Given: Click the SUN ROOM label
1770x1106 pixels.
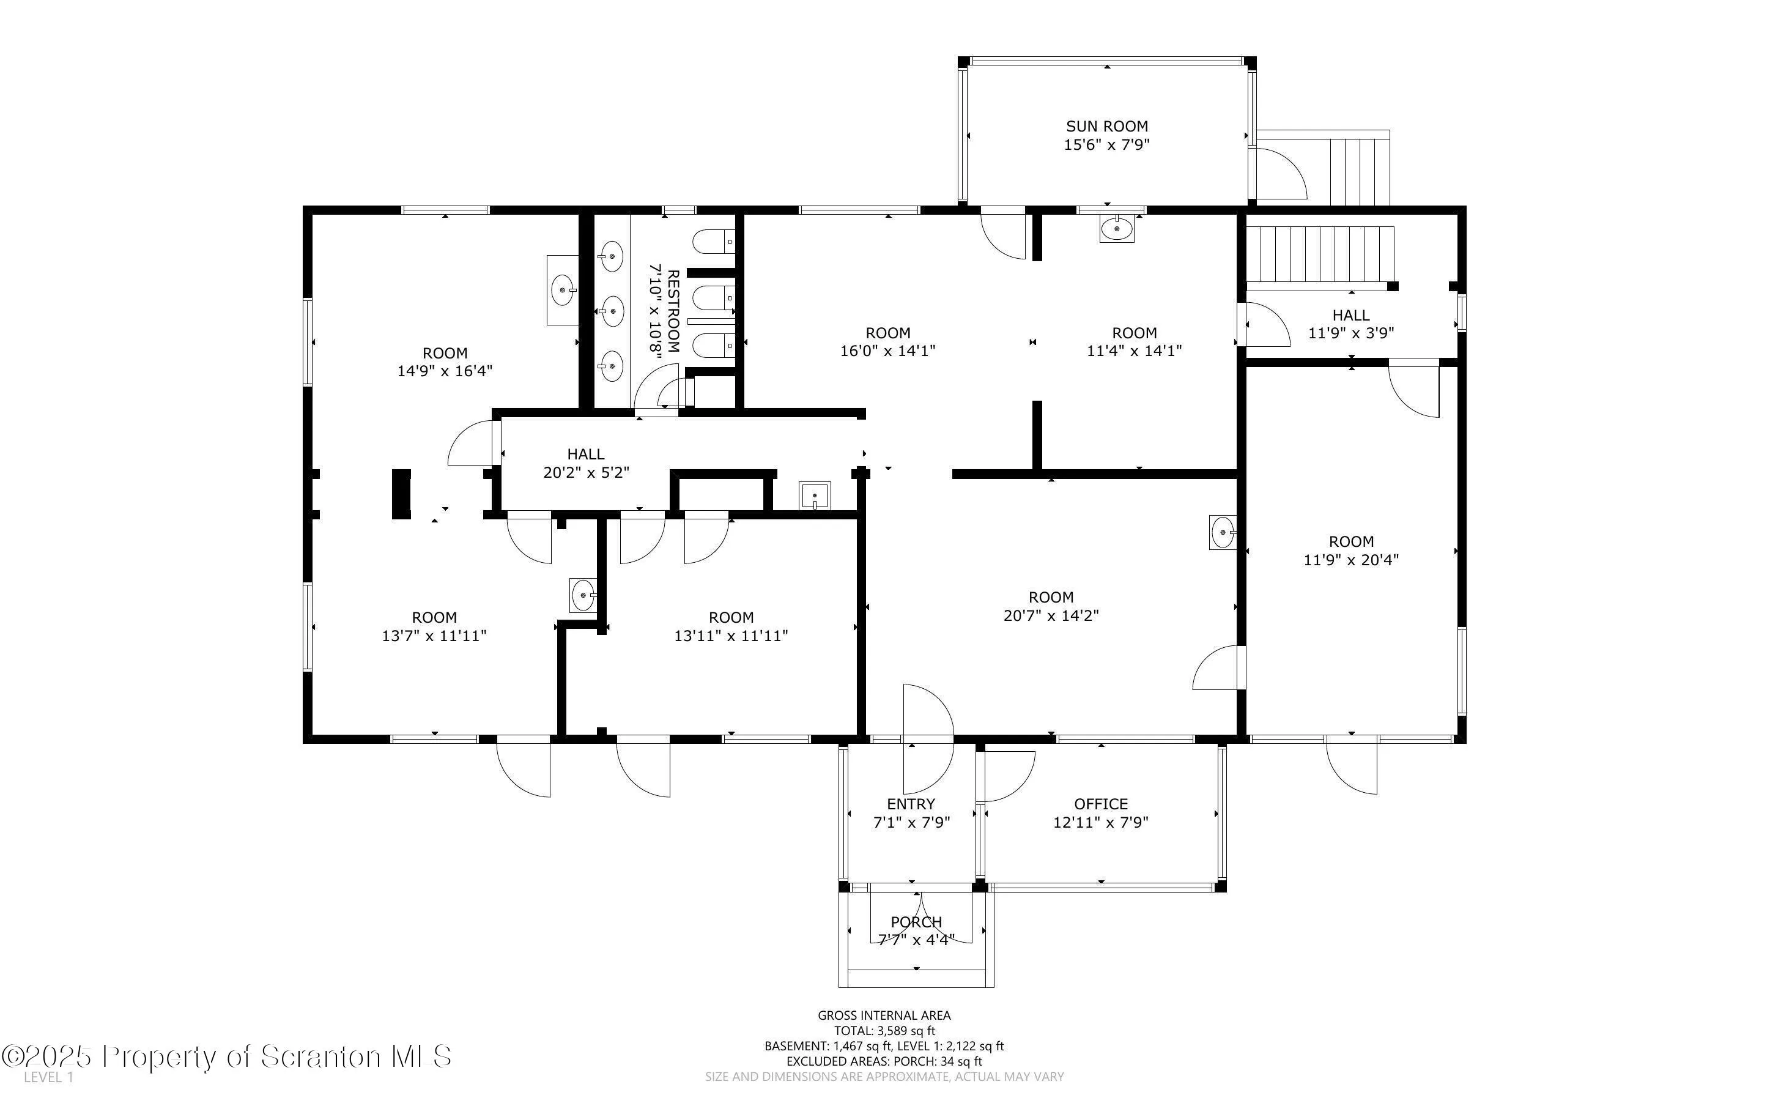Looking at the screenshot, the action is (x=1107, y=127).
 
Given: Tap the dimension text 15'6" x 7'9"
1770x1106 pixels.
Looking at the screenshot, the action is (x=1107, y=145).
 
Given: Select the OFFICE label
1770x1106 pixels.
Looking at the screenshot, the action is (x=1101, y=804).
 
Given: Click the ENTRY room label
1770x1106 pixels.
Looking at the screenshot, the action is (x=911, y=804).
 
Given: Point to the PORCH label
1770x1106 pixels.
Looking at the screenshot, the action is (x=917, y=922).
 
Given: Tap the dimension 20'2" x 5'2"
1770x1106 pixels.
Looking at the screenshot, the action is (x=587, y=472).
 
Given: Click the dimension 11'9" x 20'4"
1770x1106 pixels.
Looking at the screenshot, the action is (x=1351, y=560).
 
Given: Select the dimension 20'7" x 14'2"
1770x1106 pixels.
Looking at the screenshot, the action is (x=1051, y=616).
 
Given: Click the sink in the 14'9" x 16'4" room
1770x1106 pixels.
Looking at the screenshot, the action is (x=563, y=290).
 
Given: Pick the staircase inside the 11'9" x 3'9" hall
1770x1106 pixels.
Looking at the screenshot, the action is (x=1320, y=254).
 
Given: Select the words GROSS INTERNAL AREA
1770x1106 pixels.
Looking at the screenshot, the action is (x=884, y=1015).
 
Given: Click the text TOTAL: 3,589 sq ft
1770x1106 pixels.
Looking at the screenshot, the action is (x=884, y=1031).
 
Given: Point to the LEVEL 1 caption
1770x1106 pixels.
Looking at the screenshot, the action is (x=48, y=1077).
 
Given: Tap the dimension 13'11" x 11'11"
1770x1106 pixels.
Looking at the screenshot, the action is (x=731, y=636).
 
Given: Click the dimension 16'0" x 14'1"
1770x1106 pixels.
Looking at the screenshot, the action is (x=887, y=351).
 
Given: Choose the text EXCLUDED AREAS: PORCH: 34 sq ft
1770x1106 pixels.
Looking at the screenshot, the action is (x=884, y=1061).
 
